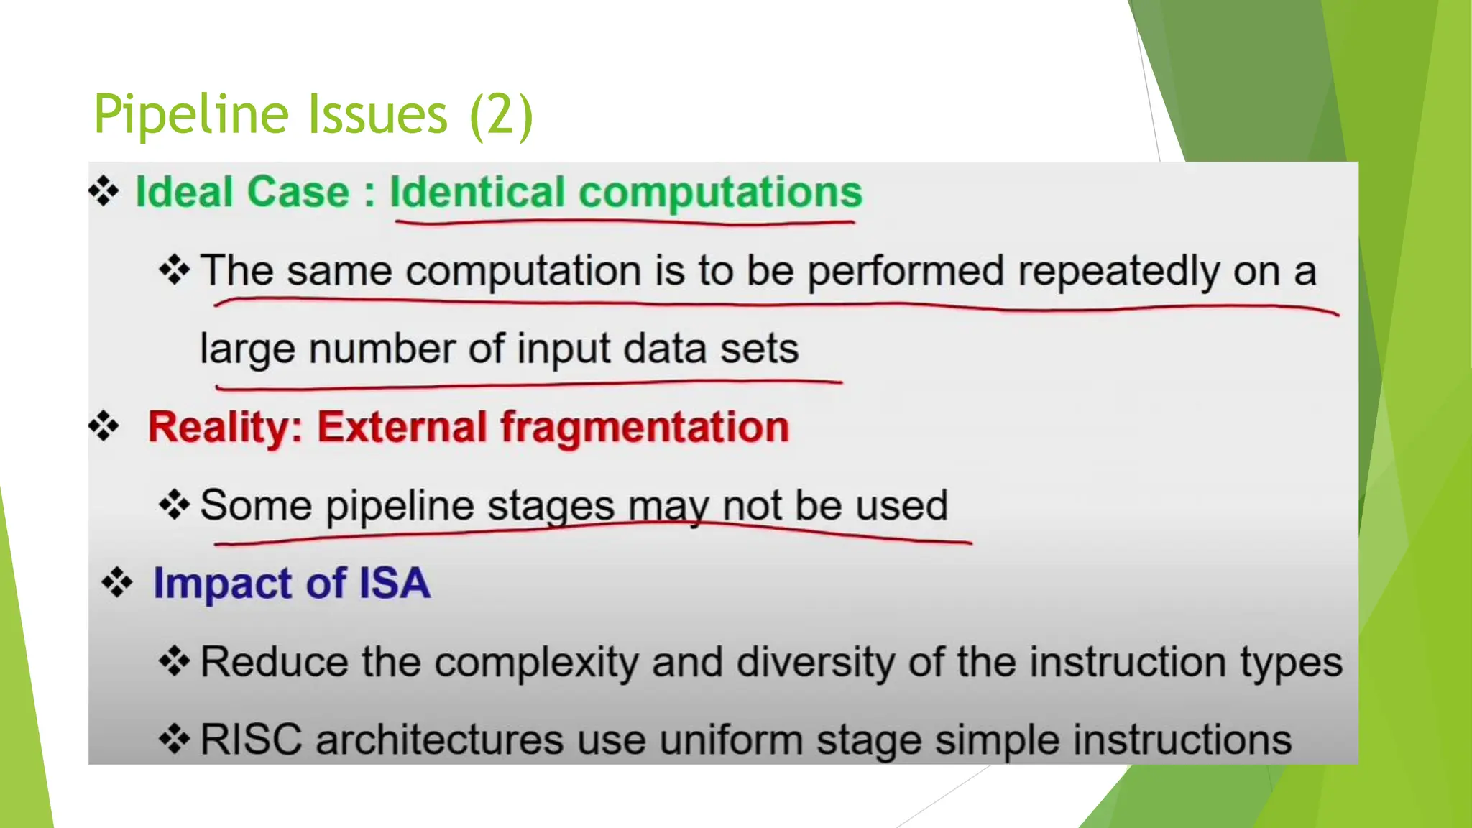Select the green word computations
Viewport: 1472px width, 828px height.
[720, 193]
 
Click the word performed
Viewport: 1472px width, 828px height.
[905, 272]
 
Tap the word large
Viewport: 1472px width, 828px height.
[247, 350]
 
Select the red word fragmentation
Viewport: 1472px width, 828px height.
[645, 428]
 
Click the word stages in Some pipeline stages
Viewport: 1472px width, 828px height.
[551, 506]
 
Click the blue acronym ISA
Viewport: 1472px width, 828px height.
[394, 583]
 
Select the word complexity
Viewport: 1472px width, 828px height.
[536, 663]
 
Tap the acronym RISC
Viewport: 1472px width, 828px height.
[251, 740]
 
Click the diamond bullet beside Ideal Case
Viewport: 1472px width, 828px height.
[104, 191]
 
